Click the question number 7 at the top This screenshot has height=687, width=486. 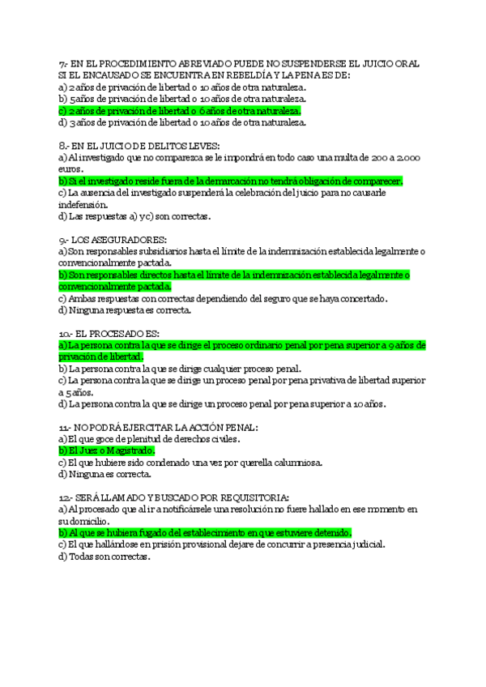tap(62, 62)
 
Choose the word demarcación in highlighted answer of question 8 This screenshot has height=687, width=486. tap(218, 181)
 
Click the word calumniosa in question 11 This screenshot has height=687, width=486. tap(281, 463)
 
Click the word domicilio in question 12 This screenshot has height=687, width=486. tap(83, 521)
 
